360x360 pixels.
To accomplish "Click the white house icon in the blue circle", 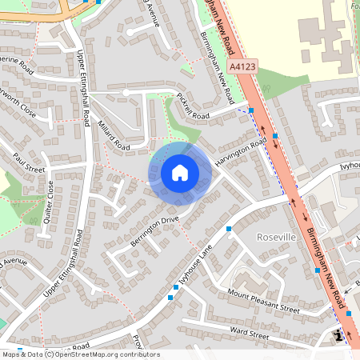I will [x=180, y=173].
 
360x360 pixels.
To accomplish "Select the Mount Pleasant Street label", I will [x=263, y=302].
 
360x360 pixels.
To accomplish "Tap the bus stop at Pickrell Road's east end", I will [x=251, y=110].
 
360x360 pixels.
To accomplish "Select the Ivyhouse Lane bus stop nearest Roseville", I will [x=229, y=230].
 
